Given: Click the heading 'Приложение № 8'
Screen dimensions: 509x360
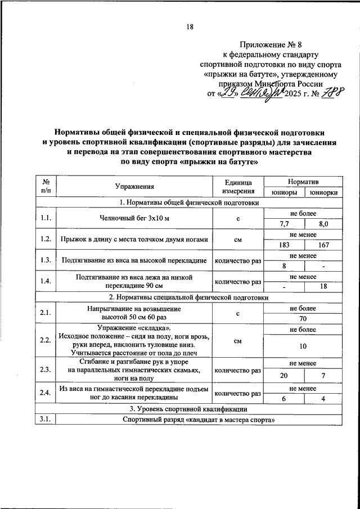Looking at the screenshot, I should (x=270, y=44).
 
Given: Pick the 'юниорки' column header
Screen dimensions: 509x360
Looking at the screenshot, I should (x=323, y=192).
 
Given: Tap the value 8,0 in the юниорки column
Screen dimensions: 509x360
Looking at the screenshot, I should (x=323, y=223).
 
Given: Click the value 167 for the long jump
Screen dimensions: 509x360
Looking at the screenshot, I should (x=323, y=245).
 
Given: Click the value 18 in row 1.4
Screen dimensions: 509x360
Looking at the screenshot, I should (x=323, y=287).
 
